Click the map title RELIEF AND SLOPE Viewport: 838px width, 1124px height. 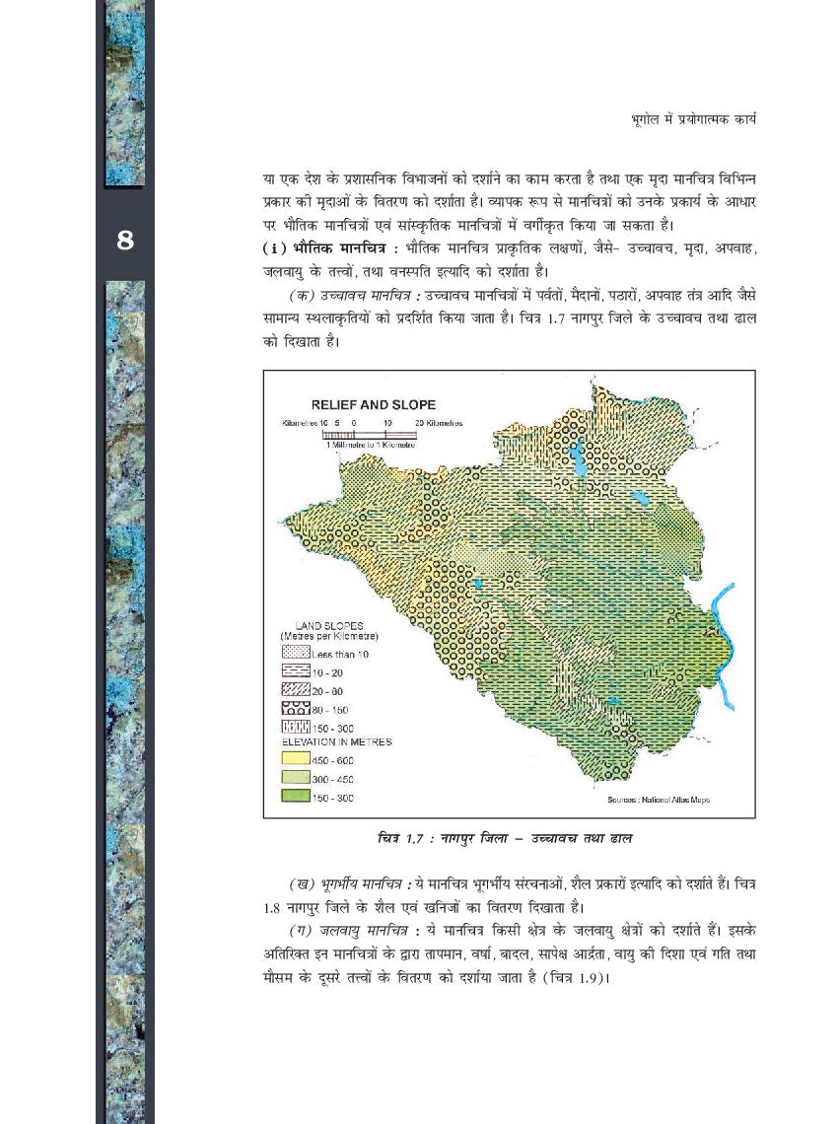374,404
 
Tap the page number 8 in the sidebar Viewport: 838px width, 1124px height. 125,240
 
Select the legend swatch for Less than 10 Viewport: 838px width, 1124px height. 296,653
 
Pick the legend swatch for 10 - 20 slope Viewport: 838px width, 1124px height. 296,672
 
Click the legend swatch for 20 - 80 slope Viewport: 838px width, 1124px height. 296,691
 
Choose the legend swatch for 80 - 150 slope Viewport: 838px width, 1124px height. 296,710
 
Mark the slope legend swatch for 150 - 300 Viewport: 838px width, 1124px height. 296,729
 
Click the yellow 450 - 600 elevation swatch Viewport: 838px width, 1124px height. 296,760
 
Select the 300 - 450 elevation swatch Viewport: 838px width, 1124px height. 296,779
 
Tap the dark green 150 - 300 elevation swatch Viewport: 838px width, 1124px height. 296,798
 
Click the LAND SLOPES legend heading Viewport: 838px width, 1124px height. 329,625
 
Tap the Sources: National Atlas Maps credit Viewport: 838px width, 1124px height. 659,800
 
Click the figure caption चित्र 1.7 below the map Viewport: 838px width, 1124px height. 504,838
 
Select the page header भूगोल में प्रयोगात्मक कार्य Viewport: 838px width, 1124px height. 693,119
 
